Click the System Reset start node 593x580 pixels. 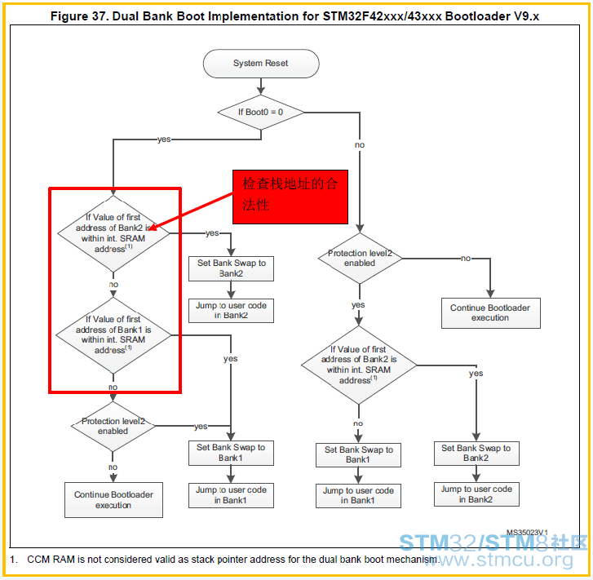261,64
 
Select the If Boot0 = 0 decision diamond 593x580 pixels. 261,112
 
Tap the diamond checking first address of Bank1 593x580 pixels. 113,335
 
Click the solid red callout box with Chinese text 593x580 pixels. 290,197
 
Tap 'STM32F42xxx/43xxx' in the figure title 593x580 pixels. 382,16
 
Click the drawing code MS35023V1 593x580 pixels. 527,533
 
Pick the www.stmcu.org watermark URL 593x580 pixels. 498,560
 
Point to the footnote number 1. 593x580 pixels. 13,559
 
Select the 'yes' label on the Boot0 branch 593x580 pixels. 164,139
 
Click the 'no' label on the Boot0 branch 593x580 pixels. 360,145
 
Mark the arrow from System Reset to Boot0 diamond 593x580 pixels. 261,86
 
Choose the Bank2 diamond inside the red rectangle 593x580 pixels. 113,233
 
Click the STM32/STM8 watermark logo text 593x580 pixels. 493,542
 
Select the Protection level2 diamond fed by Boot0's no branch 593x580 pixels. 360,258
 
